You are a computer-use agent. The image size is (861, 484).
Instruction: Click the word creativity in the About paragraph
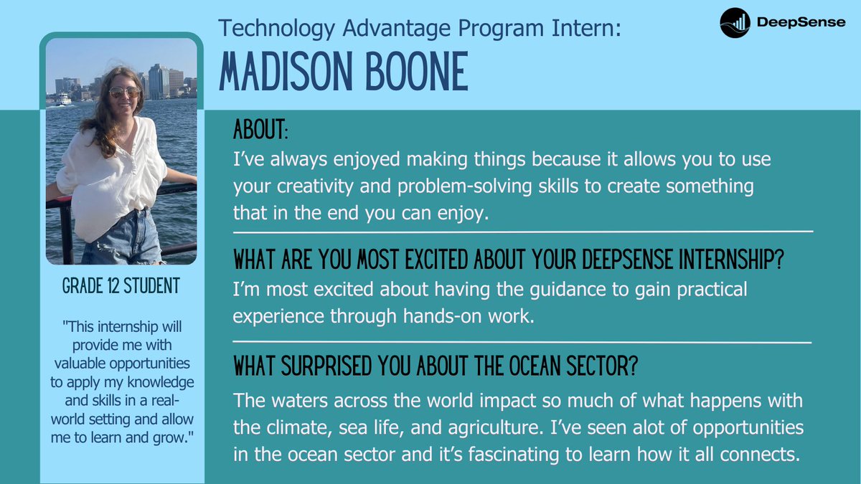(296, 186)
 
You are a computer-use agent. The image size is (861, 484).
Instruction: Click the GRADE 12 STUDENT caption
(121, 286)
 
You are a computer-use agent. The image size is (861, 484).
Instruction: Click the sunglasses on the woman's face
(124, 92)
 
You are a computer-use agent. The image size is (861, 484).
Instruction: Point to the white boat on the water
(64, 101)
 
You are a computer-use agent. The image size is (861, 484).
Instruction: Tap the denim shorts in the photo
(122, 240)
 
